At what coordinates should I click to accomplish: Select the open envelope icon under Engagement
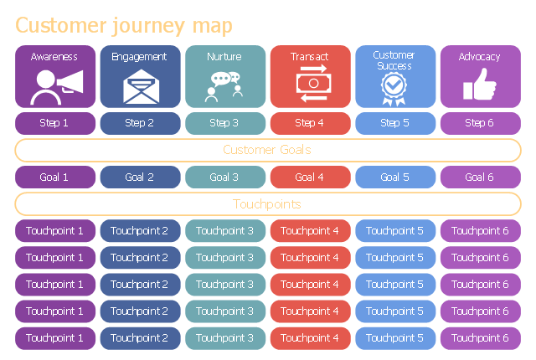(141, 86)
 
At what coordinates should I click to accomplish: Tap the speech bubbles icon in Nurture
(224, 87)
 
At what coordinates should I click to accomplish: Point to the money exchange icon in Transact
(313, 84)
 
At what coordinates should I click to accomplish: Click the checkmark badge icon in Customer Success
(394, 89)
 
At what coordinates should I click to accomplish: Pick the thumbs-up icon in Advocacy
(479, 84)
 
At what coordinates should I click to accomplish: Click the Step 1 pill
(55, 123)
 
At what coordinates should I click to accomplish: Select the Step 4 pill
(311, 123)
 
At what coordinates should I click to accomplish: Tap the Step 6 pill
(480, 123)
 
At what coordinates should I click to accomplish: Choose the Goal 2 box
(140, 177)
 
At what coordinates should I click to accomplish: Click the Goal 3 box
(225, 177)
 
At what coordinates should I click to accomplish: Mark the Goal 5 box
(395, 177)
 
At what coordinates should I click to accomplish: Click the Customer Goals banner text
(267, 150)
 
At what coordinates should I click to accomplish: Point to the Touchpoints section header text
(267, 204)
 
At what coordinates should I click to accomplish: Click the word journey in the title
(149, 26)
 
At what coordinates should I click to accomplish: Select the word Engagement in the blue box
(139, 57)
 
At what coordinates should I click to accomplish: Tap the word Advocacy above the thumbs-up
(479, 57)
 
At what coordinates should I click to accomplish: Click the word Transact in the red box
(309, 57)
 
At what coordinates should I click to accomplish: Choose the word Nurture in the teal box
(224, 57)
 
